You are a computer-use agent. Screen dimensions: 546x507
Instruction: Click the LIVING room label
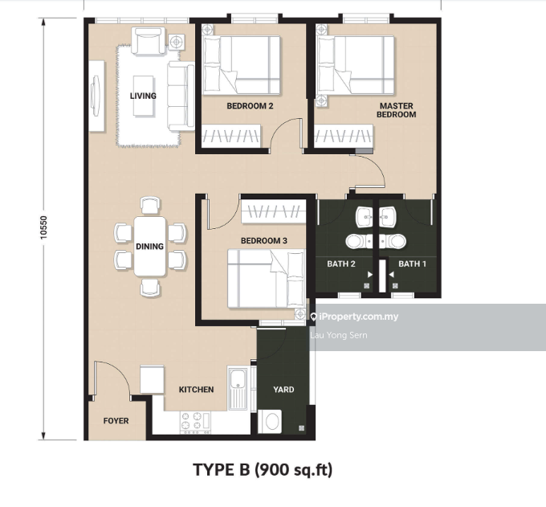click(143, 96)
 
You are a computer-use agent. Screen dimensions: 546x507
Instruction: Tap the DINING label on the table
click(149, 247)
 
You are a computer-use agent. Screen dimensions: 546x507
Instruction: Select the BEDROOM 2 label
click(250, 106)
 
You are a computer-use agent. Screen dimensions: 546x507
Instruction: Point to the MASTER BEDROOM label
click(397, 110)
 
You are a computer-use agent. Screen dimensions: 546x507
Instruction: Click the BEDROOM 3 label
click(264, 241)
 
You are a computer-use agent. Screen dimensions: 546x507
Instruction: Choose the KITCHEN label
click(197, 390)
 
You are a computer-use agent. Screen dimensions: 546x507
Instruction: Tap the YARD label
click(283, 390)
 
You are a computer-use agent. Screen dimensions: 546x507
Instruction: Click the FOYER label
click(116, 421)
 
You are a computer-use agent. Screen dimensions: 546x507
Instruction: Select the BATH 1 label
click(412, 264)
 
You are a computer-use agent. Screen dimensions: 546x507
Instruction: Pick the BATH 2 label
click(341, 264)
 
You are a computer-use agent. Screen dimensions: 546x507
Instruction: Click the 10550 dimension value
click(43, 227)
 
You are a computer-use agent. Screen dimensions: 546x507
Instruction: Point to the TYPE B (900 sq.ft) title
click(263, 470)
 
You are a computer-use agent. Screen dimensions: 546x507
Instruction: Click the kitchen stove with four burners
click(196, 423)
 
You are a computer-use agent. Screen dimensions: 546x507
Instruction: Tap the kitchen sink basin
click(238, 378)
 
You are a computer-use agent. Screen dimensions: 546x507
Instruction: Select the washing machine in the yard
click(270, 422)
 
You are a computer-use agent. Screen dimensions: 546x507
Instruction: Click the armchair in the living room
click(148, 41)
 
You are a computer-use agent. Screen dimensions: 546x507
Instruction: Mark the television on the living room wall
click(95, 96)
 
